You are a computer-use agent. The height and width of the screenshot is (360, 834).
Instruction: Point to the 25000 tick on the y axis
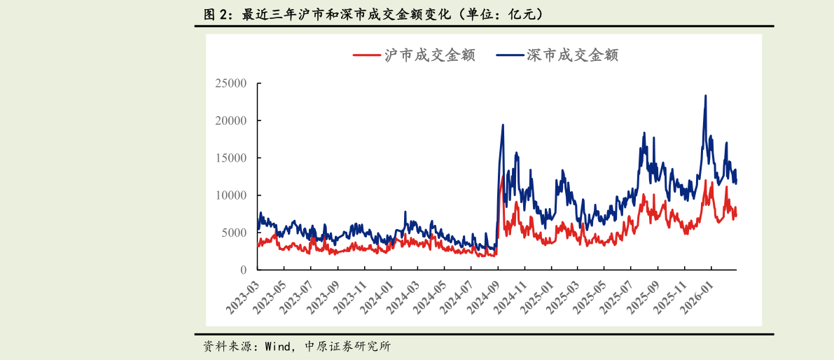(230, 83)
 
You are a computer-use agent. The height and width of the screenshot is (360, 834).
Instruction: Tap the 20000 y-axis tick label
(230, 120)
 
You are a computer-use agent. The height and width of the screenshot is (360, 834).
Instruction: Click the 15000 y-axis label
(230, 158)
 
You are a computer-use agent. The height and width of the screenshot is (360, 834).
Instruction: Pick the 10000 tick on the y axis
(230, 195)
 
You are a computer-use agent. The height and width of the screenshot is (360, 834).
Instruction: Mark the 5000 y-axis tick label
(233, 233)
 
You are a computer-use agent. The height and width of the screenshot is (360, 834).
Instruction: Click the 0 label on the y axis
(243, 270)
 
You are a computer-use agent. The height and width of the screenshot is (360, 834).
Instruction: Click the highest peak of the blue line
(705, 96)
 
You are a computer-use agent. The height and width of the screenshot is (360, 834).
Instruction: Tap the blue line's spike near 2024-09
(503, 125)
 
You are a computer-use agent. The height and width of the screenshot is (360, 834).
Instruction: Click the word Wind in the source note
(278, 347)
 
